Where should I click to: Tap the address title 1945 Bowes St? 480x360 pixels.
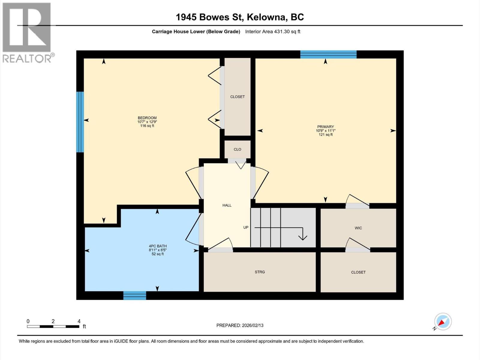coord(239,17)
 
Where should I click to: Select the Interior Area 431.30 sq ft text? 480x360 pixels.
coord(272,31)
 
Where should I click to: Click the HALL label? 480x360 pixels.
coord(227,205)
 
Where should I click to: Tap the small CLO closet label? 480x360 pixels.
coord(237,149)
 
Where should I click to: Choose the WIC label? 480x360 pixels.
coord(358,228)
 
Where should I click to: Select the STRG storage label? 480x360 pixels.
coord(260,272)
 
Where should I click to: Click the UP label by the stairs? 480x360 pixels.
coord(246,227)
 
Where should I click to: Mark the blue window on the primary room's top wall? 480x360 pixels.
coord(328,54)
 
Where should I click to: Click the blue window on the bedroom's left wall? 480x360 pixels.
coord(80,122)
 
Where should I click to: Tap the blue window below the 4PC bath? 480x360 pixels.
coord(135,295)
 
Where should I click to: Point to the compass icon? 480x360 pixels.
coord(443,322)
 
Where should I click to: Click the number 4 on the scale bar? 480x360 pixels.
coord(79,321)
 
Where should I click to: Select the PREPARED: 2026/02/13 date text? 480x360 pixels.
coord(240,325)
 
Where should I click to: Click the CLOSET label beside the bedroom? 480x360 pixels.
coord(237,97)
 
